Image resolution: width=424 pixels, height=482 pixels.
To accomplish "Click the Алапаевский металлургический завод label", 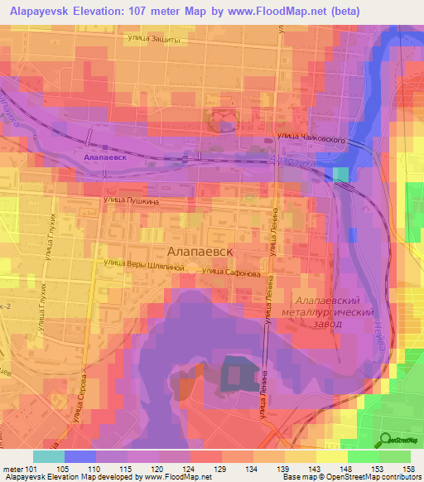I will coord(334,310).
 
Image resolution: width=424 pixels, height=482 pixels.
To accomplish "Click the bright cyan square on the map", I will coord(340,174).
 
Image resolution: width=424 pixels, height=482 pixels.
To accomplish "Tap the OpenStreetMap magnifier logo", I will coord(386,439).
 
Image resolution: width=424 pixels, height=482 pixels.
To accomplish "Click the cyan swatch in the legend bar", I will coord(48,456).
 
